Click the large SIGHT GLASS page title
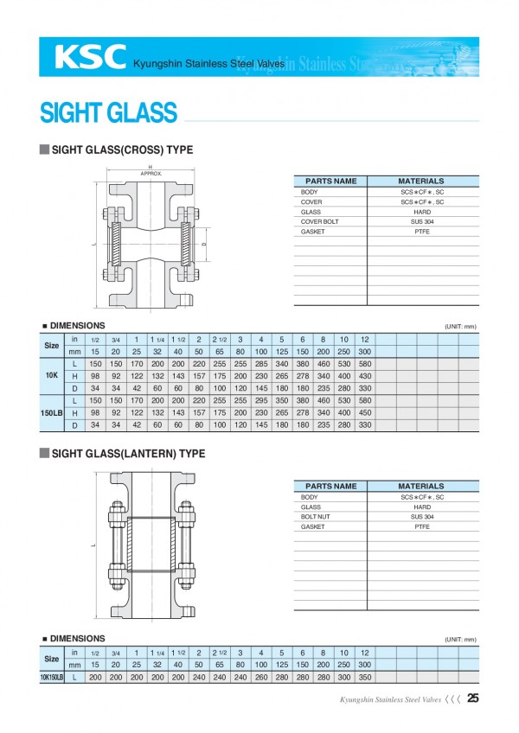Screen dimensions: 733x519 [x=109, y=112]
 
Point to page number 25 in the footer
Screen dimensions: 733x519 [x=472, y=699]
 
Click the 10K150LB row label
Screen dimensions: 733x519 [x=52, y=678]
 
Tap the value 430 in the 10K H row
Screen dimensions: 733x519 [x=364, y=376]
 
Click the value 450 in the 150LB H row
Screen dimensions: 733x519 [x=364, y=413]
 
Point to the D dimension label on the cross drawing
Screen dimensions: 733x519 [x=203, y=245]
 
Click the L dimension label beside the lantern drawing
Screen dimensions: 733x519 [x=92, y=545]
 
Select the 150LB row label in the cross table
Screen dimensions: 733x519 [x=52, y=413]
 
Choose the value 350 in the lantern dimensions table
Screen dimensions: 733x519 [x=364, y=678]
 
